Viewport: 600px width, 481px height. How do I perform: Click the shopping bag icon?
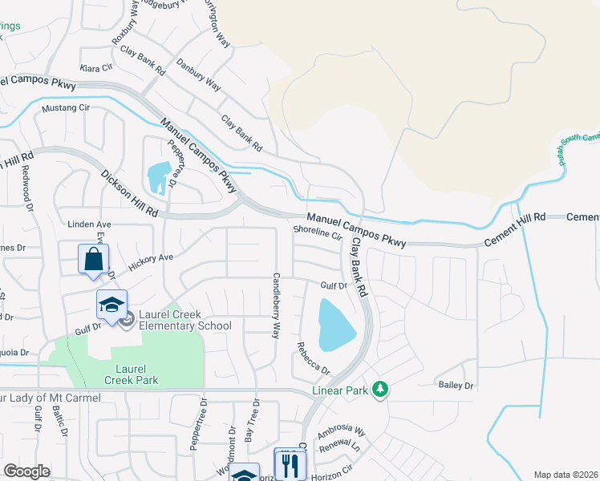(x=94, y=260)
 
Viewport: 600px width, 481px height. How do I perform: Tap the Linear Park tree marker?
(x=382, y=390)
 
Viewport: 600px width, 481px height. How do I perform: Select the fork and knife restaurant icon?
(x=290, y=463)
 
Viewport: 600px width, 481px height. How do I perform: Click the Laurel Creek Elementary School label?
(x=184, y=320)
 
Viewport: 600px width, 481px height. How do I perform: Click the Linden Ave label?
(x=88, y=224)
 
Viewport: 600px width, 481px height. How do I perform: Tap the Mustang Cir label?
(x=65, y=107)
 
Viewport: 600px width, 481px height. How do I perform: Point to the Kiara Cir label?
(x=95, y=68)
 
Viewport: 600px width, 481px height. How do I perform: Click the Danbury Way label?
(x=198, y=74)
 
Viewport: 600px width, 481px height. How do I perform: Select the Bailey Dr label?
(x=456, y=386)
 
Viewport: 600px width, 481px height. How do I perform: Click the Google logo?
(x=26, y=471)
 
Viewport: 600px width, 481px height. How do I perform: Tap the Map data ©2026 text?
(x=566, y=475)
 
